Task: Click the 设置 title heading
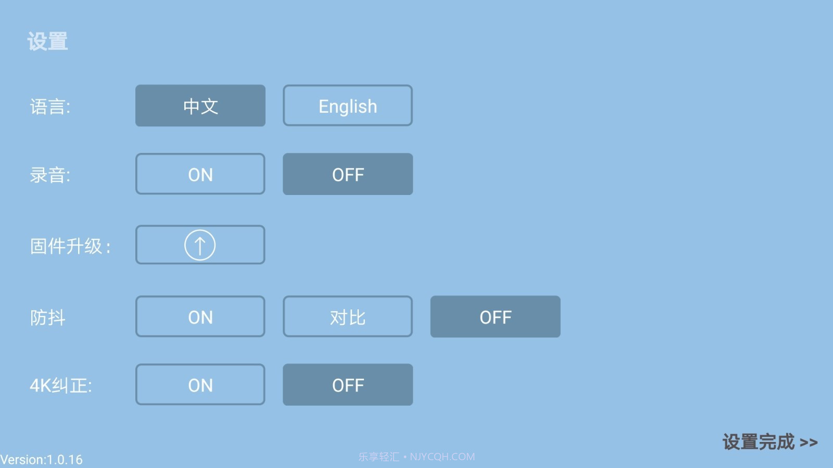click(47, 41)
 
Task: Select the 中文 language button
click(200, 106)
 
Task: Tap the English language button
click(348, 106)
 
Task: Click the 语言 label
click(50, 107)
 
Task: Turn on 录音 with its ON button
click(200, 174)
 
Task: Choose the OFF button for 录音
click(348, 174)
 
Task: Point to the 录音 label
click(50, 175)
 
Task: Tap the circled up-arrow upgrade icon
click(200, 245)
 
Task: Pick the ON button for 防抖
click(200, 317)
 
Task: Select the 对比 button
click(348, 317)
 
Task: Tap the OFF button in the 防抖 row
click(495, 317)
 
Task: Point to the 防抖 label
click(47, 318)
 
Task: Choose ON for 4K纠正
click(200, 384)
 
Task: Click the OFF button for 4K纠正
click(348, 384)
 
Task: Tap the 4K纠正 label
click(61, 385)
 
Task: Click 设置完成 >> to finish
click(770, 442)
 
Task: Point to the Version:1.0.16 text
click(41, 460)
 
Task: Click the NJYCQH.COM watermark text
click(442, 457)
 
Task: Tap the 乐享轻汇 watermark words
click(378, 457)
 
